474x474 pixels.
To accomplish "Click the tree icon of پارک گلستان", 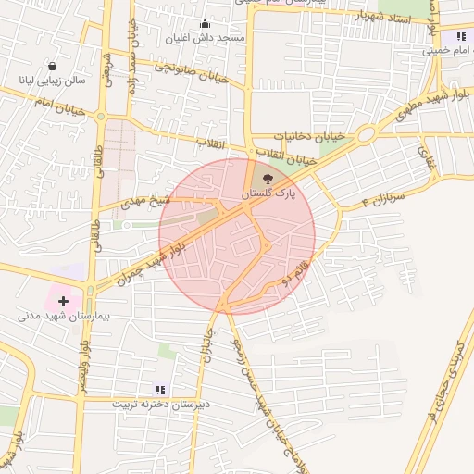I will pyautogui.click(x=268, y=179).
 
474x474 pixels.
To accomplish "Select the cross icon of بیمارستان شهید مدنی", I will pyautogui.click(x=63, y=301).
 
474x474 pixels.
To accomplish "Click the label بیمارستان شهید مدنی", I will pyautogui.click(x=64, y=317).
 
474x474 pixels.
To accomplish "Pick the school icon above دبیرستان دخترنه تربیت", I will pyautogui.click(x=160, y=390).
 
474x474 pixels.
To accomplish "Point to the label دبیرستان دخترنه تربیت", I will pyautogui.click(x=161, y=405).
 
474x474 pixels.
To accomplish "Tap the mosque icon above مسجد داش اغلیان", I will pyautogui.click(x=205, y=24).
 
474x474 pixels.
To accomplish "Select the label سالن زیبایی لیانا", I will pyautogui.click(x=52, y=81).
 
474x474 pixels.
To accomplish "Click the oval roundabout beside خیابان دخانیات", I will pyautogui.click(x=365, y=135).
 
